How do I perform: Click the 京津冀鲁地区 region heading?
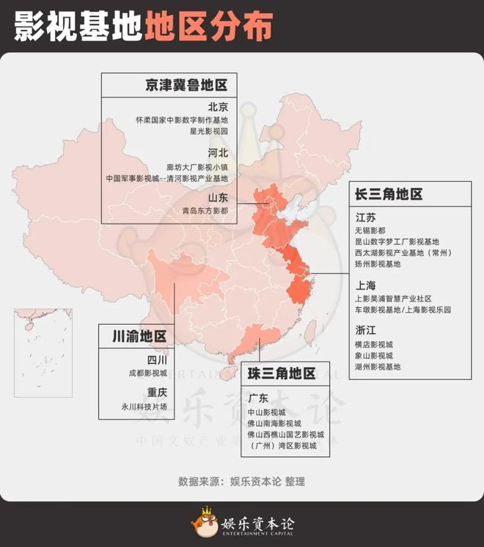click(x=186, y=85)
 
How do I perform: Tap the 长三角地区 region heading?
click(x=389, y=194)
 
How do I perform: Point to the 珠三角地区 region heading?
click(x=282, y=373)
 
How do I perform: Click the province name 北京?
click(x=218, y=106)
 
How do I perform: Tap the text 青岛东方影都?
click(x=205, y=210)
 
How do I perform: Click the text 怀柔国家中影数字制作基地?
click(x=182, y=119)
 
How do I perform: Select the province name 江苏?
click(x=366, y=217)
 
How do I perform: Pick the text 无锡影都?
click(x=370, y=230)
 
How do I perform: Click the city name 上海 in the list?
click(x=366, y=285)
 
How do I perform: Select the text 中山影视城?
click(x=267, y=412)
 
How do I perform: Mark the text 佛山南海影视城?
click(x=275, y=423)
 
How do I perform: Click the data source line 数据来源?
click(x=241, y=482)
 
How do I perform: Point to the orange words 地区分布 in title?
click(x=208, y=26)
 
